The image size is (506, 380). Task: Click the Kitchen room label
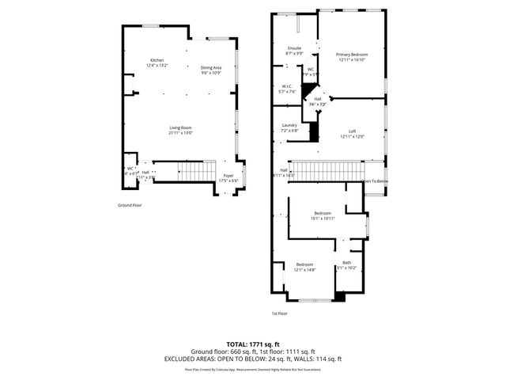click(x=157, y=62)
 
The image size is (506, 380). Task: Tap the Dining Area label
click(x=211, y=68)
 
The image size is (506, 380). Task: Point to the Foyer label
click(x=228, y=175)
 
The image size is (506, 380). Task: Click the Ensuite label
click(x=294, y=49)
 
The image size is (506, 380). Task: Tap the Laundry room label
click(x=289, y=125)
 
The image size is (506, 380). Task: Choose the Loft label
click(x=353, y=131)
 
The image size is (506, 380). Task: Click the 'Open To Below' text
click(x=375, y=181)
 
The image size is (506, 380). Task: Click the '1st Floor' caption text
click(x=279, y=313)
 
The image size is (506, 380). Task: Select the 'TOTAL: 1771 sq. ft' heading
click(x=253, y=344)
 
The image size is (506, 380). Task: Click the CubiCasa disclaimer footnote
click(x=253, y=369)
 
